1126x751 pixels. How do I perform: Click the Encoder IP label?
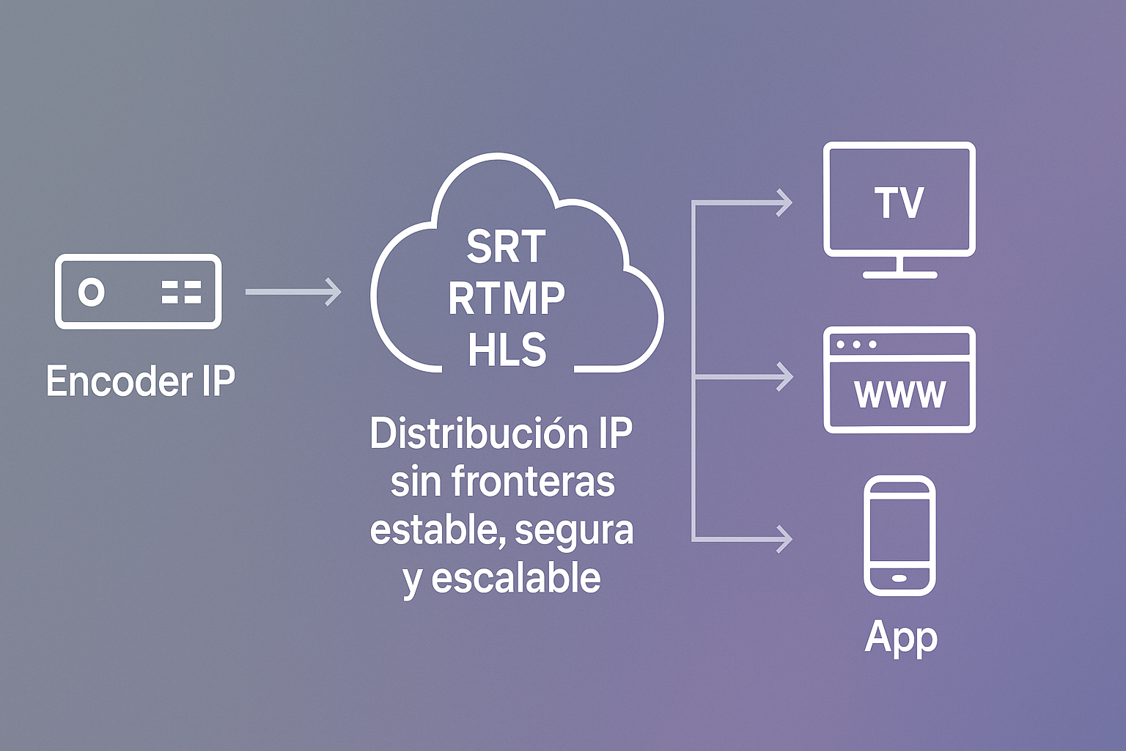pos(141,381)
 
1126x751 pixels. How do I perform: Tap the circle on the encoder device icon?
pos(92,292)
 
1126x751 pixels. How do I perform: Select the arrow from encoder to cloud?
pos(293,292)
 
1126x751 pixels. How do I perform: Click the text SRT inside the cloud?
pos(506,246)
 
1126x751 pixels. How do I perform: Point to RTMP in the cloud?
pos(507,298)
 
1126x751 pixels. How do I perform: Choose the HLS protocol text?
pos(507,350)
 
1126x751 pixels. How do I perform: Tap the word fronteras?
pos(533,482)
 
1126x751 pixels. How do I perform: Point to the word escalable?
pos(516,578)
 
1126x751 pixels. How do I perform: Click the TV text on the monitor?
pos(899,202)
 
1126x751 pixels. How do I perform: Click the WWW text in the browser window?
pos(899,394)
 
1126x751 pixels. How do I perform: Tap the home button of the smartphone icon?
pos(899,578)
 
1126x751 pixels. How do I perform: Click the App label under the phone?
pos(901,637)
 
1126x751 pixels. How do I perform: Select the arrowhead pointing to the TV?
pos(785,202)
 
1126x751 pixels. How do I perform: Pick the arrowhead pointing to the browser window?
pos(785,377)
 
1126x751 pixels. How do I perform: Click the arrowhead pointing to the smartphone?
pos(785,539)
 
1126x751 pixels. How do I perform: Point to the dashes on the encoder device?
pos(181,292)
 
